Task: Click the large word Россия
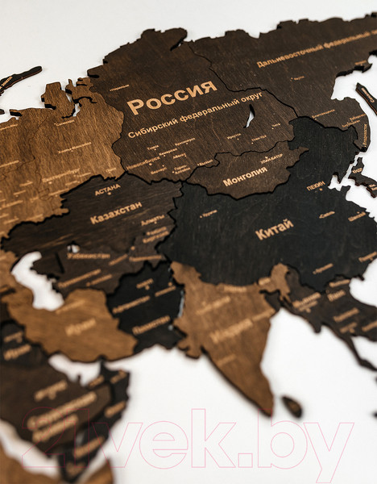pyautogui.click(x=172, y=103)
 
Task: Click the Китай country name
pyautogui.click(x=274, y=232)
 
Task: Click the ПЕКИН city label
pyautogui.click(x=315, y=186)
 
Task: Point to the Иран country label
pyautogui.click(x=81, y=326)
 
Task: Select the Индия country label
pyautogui.click(x=230, y=331)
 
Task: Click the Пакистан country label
pyautogui.click(x=151, y=325)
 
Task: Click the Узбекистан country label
pyautogui.click(x=89, y=256)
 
